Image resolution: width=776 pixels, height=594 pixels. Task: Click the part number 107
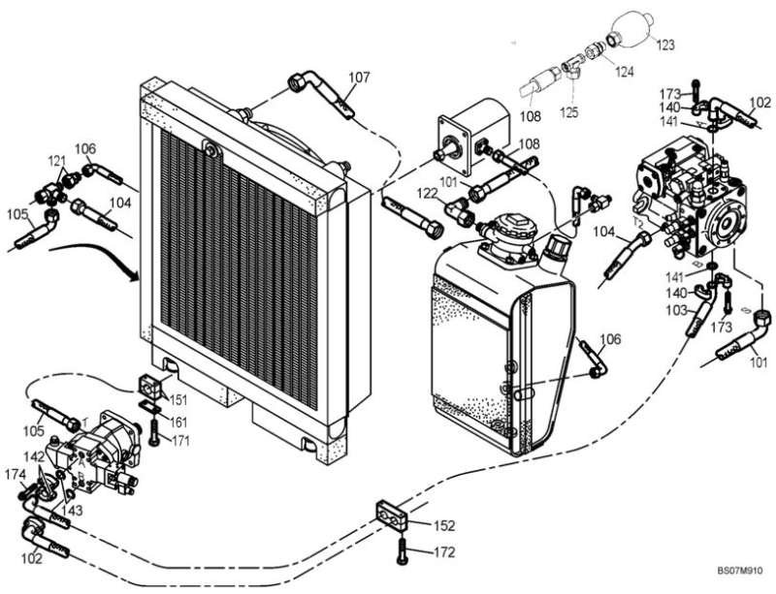(358, 77)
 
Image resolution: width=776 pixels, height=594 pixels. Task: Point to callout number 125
(568, 112)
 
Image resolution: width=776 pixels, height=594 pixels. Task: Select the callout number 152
(443, 526)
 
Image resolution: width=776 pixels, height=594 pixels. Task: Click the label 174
(14, 475)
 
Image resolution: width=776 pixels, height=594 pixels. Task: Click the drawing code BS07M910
(741, 572)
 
